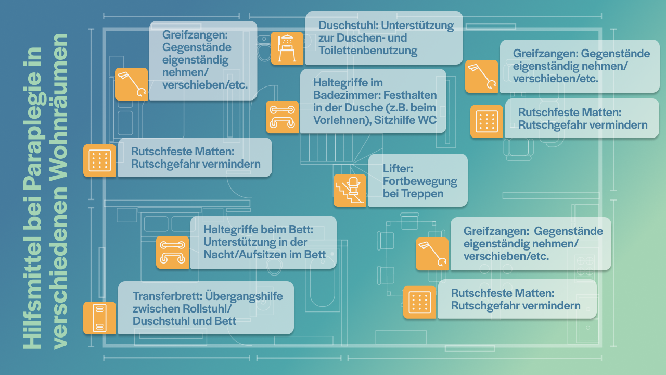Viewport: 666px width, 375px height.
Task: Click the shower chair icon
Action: [x=287, y=48]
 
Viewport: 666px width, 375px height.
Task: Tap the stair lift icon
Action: [x=350, y=190]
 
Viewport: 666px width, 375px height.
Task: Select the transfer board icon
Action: [x=99, y=318]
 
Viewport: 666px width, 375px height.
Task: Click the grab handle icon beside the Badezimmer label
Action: [x=282, y=117]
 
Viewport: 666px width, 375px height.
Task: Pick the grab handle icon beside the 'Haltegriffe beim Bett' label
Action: [x=172, y=252]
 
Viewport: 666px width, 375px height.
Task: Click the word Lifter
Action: [x=398, y=169]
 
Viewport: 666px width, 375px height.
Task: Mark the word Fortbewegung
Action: [x=419, y=181]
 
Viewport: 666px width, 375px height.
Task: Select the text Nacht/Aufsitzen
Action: [x=244, y=254]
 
